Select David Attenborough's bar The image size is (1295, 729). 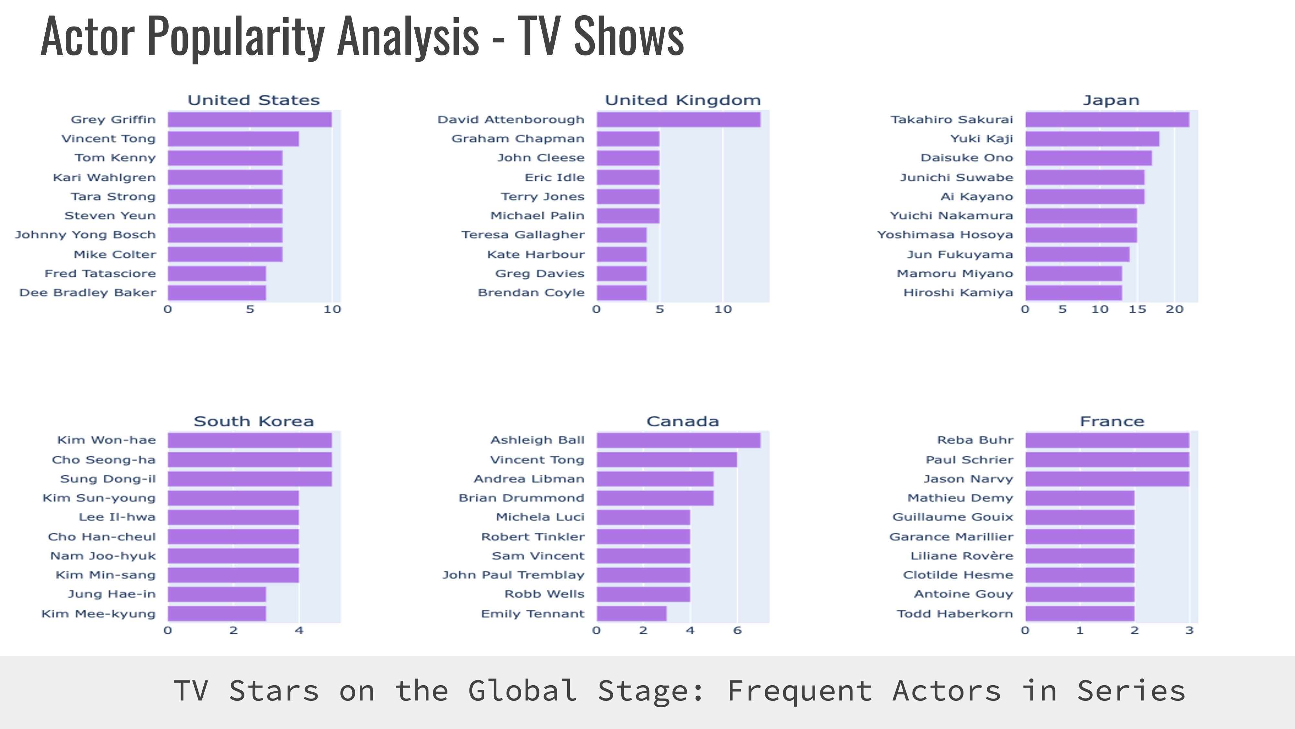678,120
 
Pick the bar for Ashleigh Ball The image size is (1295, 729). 678,440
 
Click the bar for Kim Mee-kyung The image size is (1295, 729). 217,614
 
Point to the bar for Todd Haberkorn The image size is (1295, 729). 1079,614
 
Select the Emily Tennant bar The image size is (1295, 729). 631,614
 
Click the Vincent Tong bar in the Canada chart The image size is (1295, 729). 667,460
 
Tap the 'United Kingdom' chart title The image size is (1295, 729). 683,100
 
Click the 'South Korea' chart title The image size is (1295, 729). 254,421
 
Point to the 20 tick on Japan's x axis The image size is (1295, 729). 1174,309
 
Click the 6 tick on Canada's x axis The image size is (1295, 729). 737,631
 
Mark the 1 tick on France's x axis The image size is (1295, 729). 1080,631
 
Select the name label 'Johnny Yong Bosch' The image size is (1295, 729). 85,235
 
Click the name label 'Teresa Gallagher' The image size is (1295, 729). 523,235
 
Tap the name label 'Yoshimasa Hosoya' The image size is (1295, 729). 945,235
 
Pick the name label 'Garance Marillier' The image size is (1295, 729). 951,537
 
